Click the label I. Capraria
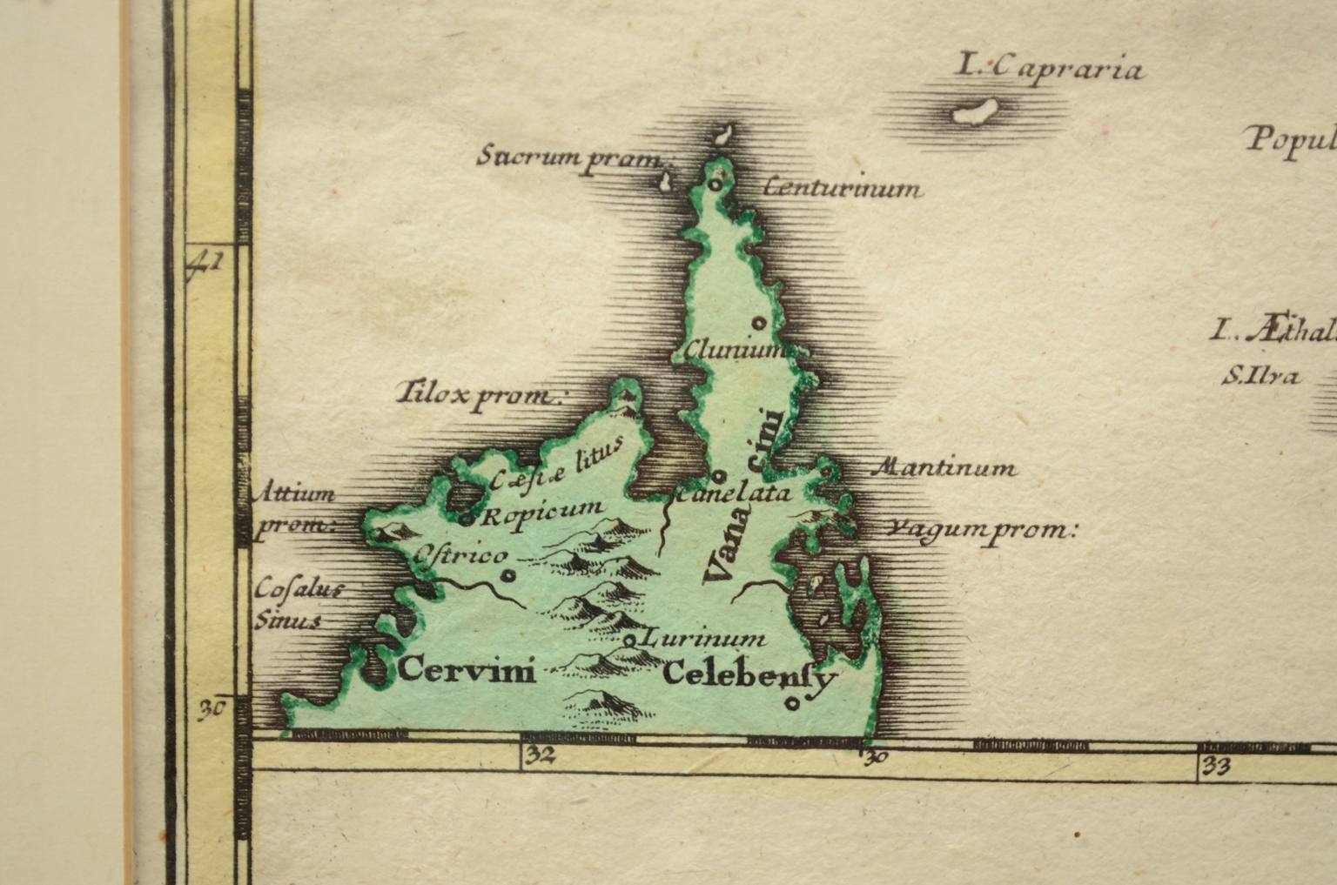point(1049,66)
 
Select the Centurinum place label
point(840,188)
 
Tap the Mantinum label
point(944,468)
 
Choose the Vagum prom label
point(981,529)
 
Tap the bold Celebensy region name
point(750,676)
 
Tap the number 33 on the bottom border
point(1213,766)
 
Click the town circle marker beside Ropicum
point(467,520)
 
